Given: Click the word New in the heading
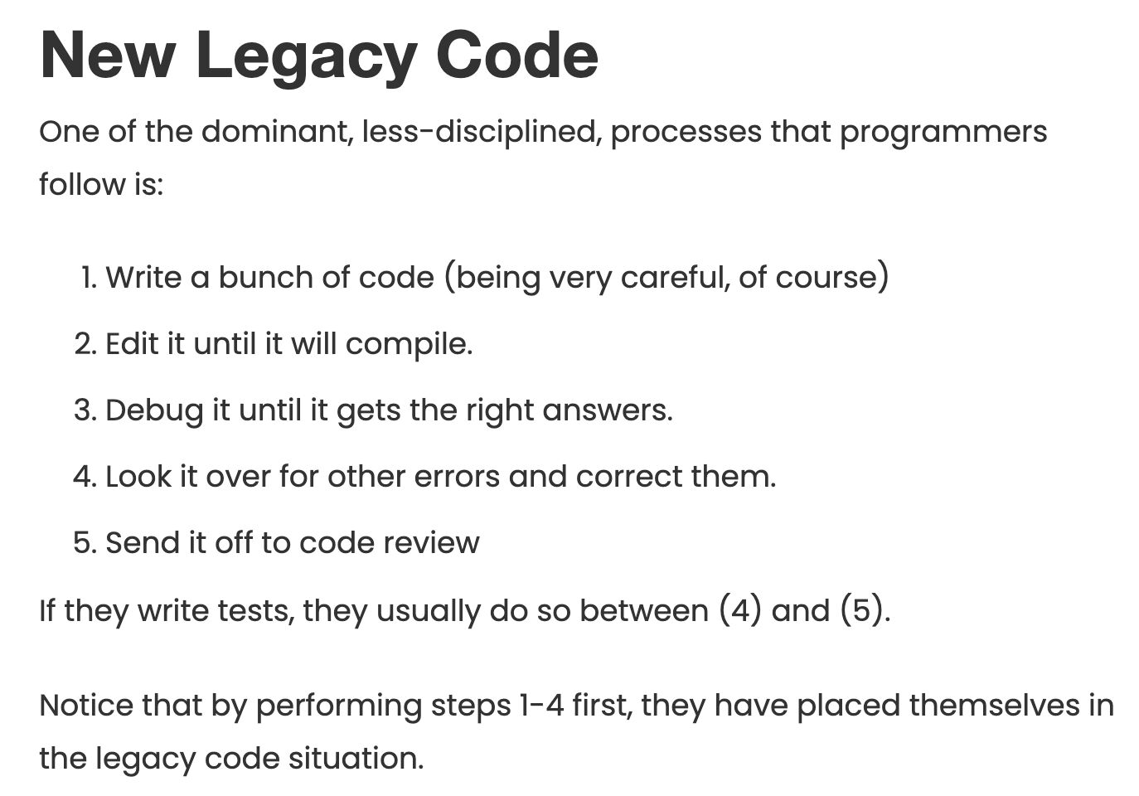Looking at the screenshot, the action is click(108, 55).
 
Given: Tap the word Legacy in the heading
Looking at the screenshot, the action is click(306, 59).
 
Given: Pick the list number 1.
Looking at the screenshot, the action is click(89, 278).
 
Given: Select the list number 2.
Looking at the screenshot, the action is click(85, 344).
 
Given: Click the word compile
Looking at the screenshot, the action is click(409, 345).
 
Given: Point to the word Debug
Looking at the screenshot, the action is click(154, 411).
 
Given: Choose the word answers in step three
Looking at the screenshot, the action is click(607, 411).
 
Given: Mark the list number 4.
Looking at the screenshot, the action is click(85, 477).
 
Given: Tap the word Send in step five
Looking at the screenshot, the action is click(143, 542).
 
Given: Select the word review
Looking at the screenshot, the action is click(431, 542).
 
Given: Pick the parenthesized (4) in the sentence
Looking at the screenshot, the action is click(740, 610).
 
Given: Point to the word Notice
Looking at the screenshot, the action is click(86, 706).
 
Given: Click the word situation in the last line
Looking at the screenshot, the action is click(356, 759).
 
